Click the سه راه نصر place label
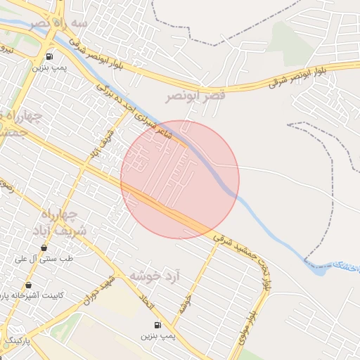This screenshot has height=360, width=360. click(x=59, y=25)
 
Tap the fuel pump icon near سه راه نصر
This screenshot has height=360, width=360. click(x=49, y=56)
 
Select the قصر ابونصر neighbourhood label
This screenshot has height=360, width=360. click(x=195, y=95)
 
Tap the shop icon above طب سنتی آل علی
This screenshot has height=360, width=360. click(x=44, y=247)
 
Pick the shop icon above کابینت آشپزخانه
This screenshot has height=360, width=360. click(x=28, y=285)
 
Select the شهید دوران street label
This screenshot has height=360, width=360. click(x=98, y=288)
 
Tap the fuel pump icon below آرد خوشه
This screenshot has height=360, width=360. click(x=156, y=324)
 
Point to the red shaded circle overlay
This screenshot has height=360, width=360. click(x=180, y=180)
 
